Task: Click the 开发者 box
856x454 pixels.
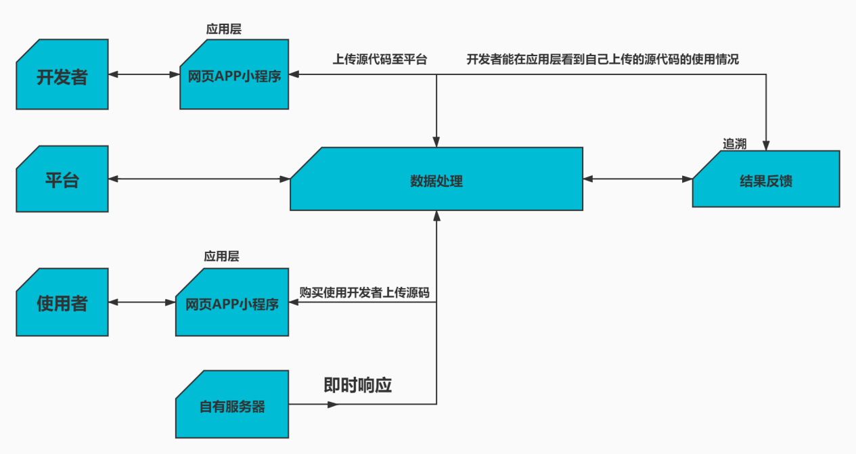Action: (x=62, y=74)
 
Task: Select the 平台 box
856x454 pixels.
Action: (x=62, y=179)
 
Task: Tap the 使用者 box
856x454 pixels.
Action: (x=62, y=302)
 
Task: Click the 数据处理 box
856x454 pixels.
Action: (x=436, y=179)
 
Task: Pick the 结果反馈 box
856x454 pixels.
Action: (x=766, y=179)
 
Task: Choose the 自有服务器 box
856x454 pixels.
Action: (x=232, y=405)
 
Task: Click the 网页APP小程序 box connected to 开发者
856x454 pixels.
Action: (x=234, y=74)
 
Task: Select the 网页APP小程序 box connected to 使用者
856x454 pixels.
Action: (x=232, y=302)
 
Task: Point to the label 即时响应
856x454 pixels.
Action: (x=358, y=385)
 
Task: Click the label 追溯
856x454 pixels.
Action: (x=734, y=144)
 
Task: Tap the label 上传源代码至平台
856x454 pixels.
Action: (x=380, y=60)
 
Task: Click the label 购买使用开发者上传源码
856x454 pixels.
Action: (x=364, y=293)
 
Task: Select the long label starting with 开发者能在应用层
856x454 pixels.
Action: (x=603, y=60)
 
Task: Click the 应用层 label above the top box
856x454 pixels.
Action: (x=223, y=29)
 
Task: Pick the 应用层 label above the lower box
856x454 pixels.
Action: (x=221, y=256)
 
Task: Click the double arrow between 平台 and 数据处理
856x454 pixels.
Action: (x=199, y=179)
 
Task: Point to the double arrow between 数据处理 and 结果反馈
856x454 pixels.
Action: (x=638, y=179)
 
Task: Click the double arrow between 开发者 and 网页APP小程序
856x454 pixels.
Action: (x=144, y=74)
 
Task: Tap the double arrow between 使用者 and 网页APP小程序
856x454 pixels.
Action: (x=142, y=302)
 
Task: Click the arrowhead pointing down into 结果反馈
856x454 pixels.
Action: (x=766, y=145)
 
